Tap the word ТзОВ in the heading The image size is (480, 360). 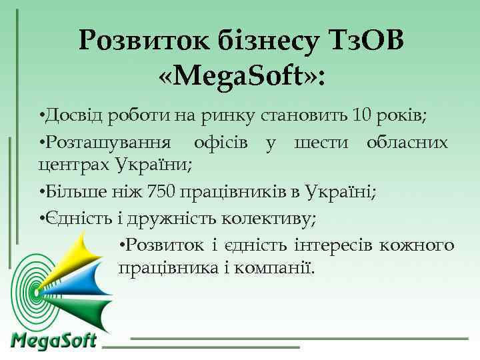367,41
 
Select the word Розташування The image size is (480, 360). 107,143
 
